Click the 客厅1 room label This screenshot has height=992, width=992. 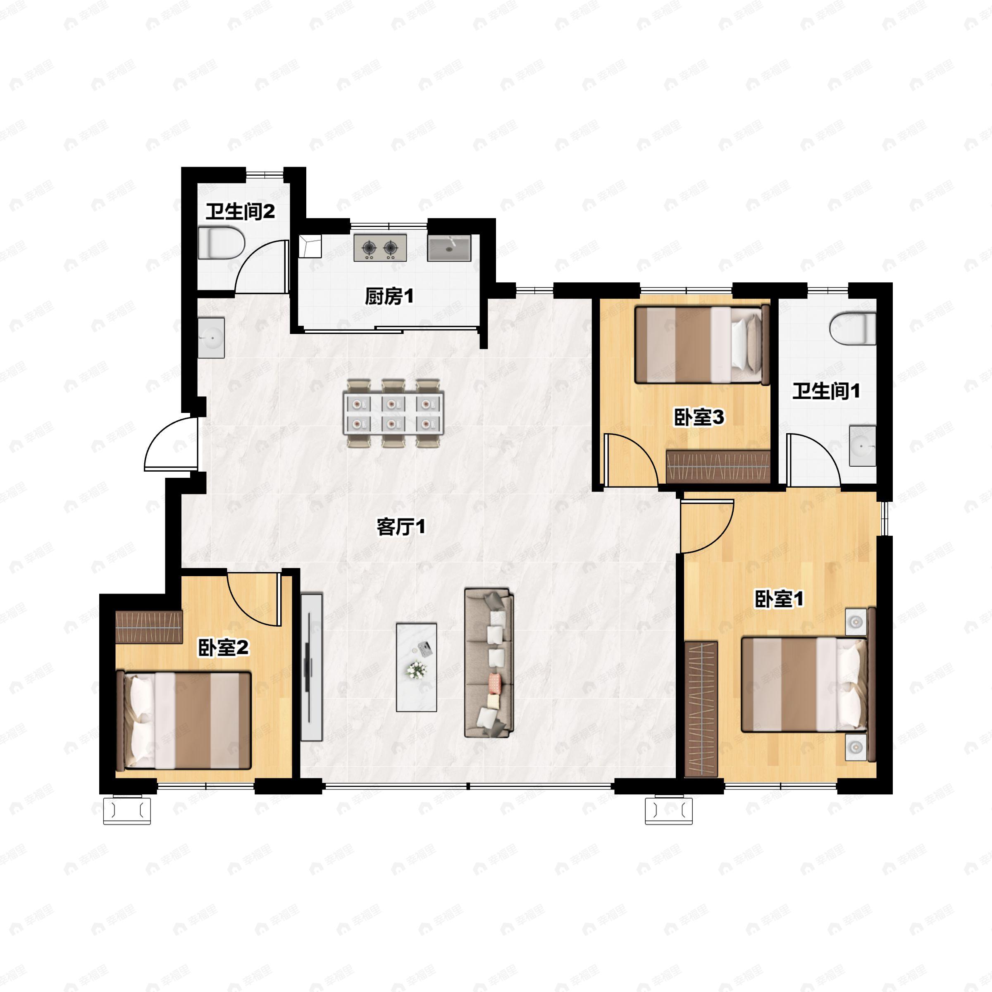pos(401,527)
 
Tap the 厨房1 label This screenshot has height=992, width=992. pos(389,296)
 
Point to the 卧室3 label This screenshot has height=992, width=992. pos(699,417)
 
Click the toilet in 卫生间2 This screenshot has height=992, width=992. pos(221,243)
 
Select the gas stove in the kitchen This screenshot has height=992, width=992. pos(380,248)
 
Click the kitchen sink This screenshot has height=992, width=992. pos(449,248)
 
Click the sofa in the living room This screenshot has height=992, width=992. pos(489,663)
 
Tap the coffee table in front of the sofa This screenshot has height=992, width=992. pos(416,667)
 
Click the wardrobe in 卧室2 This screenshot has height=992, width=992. pos(149,627)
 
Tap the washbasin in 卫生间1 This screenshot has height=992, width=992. pos(862,445)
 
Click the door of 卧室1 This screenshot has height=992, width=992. pos(706,526)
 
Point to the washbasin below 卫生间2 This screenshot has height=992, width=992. pos(212,337)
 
